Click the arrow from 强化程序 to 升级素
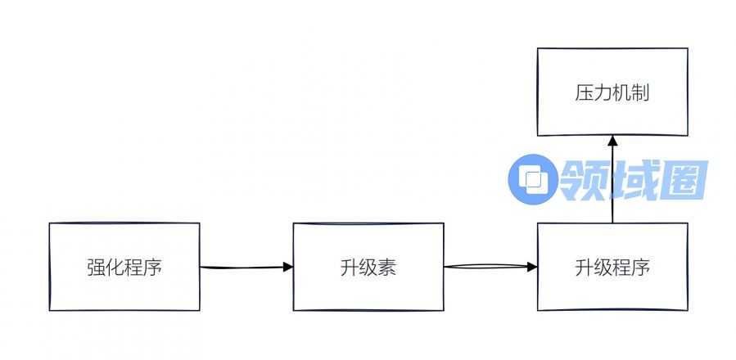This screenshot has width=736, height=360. pos(246,267)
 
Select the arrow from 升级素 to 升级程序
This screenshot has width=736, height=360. pos(490,267)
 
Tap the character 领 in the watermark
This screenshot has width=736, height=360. pos(581,180)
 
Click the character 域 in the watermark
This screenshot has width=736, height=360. pos(630,180)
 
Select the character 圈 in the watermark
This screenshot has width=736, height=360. pos(681,180)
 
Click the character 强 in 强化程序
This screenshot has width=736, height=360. pos(96,268)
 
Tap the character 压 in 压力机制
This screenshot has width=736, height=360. pos(584,92)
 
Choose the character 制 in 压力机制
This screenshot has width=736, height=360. pos(640,92)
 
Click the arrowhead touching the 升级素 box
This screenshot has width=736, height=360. pos(287,267)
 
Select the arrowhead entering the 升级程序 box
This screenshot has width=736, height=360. pos(532,267)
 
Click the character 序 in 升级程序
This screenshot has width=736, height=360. pos(640,268)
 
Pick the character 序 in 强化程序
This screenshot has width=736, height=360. pos(152,268)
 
